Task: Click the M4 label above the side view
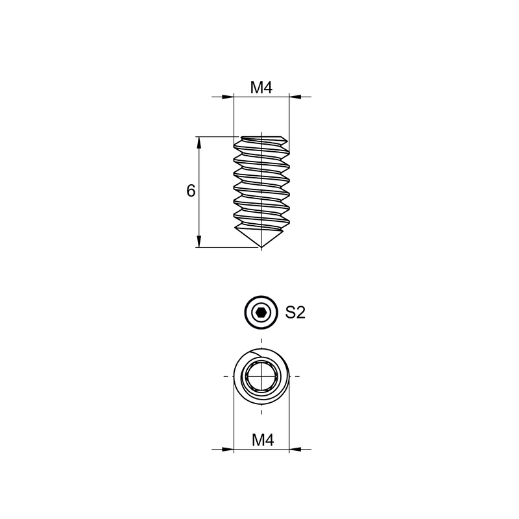pos(261,88)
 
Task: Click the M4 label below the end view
pos(263,441)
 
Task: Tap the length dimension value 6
pos(191,191)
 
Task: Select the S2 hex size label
pos(295,313)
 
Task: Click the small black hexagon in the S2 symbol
pos(261,313)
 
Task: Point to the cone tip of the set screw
pos(261,247)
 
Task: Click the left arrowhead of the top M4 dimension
pos(228,97)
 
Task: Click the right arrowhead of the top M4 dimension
pos(295,97)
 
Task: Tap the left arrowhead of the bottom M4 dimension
pos(228,450)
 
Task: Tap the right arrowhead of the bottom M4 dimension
pos(295,450)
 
